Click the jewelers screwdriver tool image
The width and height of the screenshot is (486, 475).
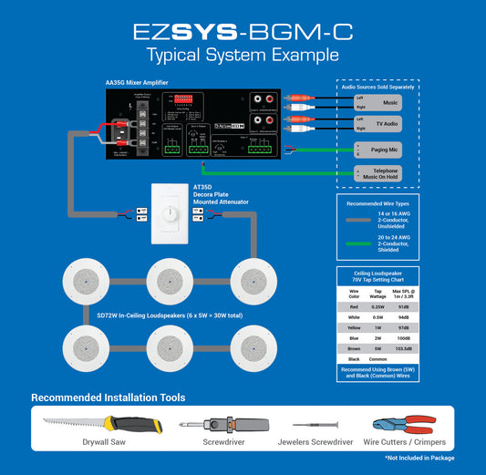point(314,425)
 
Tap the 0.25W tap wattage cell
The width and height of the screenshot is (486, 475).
point(377,307)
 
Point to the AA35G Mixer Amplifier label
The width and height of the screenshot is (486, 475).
point(136,82)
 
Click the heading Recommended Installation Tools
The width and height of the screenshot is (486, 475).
point(108,398)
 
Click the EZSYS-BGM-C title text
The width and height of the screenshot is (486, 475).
point(243,32)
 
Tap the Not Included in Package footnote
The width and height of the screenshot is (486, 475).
point(419,458)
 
